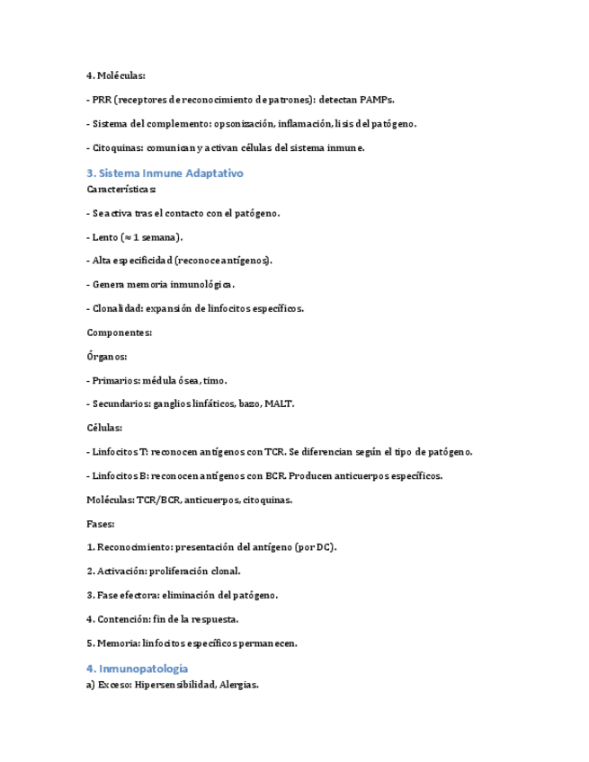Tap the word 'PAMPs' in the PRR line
(x=375, y=100)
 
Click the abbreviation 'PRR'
(x=102, y=100)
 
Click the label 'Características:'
(x=121, y=190)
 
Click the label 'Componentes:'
(x=120, y=332)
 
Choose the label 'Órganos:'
(x=107, y=356)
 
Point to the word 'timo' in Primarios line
(x=216, y=380)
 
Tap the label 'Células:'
(x=104, y=428)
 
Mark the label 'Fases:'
(x=101, y=523)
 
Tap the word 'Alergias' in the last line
(x=236, y=685)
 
